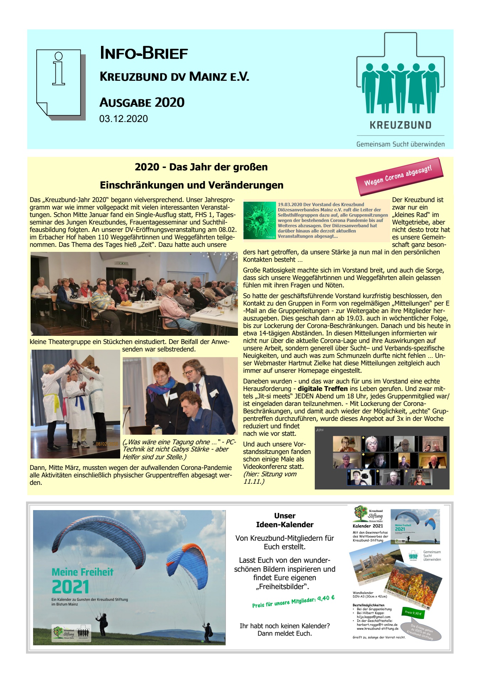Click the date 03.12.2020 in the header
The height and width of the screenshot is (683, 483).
(123, 119)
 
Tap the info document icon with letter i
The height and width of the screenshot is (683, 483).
(59, 83)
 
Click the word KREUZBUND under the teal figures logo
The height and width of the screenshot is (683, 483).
(400, 125)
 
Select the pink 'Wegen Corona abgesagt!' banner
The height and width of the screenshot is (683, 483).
(399, 176)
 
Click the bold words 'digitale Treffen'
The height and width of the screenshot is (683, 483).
(323, 388)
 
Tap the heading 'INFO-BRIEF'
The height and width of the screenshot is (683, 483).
(144, 53)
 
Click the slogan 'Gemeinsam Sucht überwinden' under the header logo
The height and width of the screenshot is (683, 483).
(400, 144)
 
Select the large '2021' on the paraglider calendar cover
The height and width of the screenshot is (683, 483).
(70, 587)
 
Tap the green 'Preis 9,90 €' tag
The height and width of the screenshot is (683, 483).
(413, 613)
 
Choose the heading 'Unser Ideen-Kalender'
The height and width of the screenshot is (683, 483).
(285, 520)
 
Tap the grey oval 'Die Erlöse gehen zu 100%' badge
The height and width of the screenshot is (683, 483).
(421, 632)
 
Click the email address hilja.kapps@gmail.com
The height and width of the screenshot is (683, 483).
(373, 617)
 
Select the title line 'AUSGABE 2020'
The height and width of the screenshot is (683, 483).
(142, 102)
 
